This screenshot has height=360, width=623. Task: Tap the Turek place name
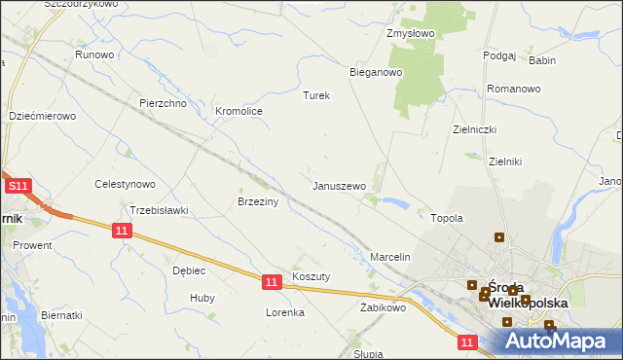(317, 96)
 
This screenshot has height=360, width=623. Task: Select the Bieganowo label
(376, 72)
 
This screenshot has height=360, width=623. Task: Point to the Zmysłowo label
(410, 33)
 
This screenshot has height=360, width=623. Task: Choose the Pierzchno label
(163, 103)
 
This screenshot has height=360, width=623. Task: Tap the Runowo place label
(95, 55)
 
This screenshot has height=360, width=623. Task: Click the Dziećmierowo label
(42, 116)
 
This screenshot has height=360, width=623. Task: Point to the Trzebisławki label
(159, 210)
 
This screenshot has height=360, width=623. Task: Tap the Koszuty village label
(311, 276)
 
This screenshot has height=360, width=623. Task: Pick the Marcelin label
(391, 257)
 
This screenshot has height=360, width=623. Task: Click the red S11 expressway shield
(18, 186)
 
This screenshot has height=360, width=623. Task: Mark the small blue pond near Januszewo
(395, 203)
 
